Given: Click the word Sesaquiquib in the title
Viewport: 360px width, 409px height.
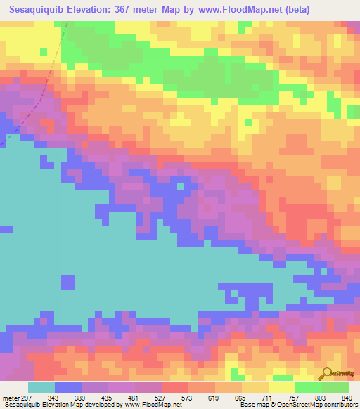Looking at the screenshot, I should pos(36,12).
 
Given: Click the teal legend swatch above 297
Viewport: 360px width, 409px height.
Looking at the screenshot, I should pos(41,387).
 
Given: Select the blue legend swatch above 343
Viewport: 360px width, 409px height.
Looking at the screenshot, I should pos(68,387).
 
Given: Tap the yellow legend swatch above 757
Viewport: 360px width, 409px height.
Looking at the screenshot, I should pos(281,387).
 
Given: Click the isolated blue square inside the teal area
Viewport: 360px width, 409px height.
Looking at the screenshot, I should pos(67,282).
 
